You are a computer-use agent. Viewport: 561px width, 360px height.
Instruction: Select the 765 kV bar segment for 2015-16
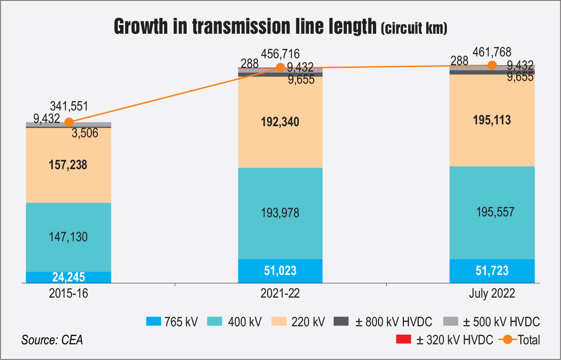68,277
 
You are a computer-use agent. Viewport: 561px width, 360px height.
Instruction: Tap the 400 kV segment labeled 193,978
280,213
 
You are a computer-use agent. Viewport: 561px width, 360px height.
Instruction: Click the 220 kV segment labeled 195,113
492,121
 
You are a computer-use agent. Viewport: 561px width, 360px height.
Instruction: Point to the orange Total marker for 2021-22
280,67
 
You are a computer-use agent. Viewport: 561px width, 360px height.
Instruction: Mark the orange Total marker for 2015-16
69,122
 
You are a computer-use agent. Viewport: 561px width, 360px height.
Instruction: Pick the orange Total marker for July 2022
492,66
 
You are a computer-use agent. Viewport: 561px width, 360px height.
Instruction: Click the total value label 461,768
492,52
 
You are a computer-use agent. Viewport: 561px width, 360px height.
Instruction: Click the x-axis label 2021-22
280,294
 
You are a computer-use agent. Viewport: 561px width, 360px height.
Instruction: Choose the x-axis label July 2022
492,294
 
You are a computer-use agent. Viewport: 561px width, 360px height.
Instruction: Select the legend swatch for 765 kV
154,322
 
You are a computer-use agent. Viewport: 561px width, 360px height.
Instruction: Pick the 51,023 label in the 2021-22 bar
280,270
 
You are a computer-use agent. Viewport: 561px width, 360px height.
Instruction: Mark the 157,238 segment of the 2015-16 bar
68,165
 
